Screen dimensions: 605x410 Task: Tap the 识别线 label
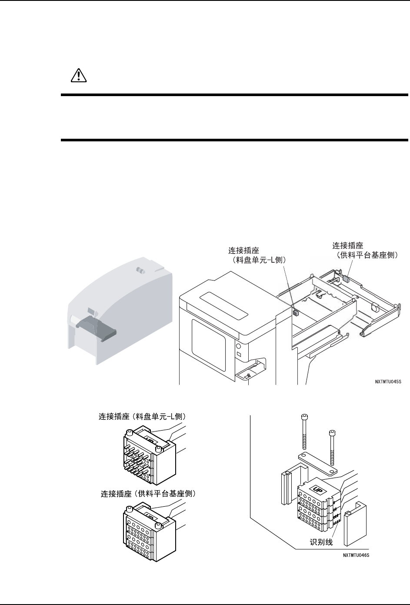(321, 542)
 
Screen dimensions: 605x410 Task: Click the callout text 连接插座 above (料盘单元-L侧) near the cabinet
(245, 251)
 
